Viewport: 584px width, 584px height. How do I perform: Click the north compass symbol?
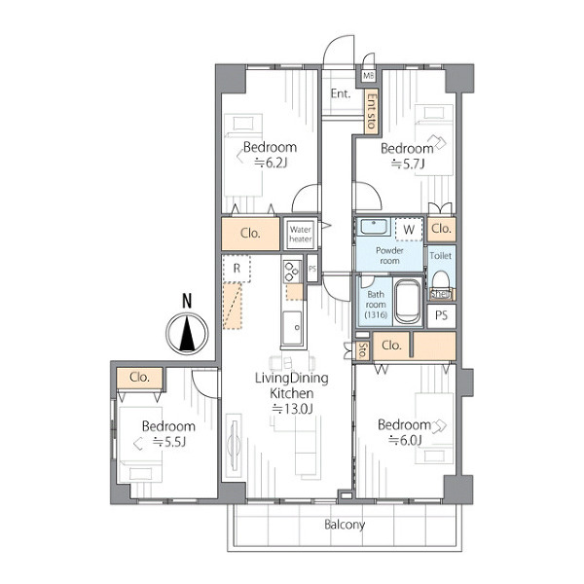tap(187, 333)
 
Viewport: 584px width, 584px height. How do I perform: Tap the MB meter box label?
tap(368, 76)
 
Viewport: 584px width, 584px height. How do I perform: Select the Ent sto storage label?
tap(372, 111)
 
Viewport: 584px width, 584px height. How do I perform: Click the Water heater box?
tap(300, 234)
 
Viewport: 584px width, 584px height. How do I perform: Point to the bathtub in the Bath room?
tap(408, 302)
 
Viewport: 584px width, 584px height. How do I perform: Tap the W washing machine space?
tap(409, 229)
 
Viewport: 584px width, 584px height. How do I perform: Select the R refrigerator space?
tap(237, 269)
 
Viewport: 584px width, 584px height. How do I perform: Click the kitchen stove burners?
tap(292, 272)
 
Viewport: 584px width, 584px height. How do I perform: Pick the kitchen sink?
tap(292, 328)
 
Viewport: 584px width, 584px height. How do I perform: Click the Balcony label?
tap(345, 525)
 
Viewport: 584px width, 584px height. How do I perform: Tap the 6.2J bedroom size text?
tap(272, 163)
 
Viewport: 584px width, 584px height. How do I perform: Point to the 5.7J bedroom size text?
tap(408, 164)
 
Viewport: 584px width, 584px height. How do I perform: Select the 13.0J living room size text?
tap(292, 409)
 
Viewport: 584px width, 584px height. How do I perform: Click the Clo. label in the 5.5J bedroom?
tap(139, 378)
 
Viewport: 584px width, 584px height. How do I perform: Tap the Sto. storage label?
tap(362, 350)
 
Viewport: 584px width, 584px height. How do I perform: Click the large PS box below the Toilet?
tap(441, 315)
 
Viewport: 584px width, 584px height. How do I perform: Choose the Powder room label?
tap(389, 255)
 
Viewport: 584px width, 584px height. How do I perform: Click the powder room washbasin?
tap(374, 227)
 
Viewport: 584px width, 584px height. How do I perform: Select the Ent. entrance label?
tap(341, 93)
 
